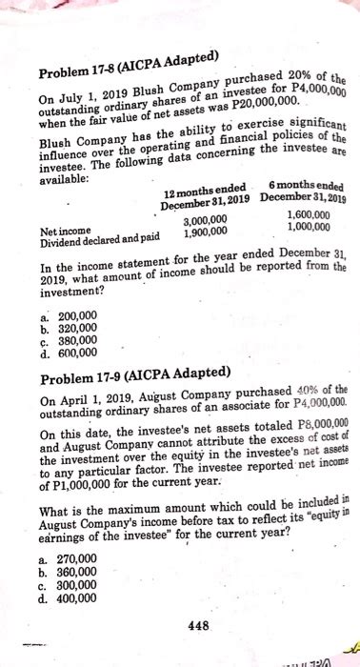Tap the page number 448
point(198,625)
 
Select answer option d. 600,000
point(68,351)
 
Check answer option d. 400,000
point(68,599)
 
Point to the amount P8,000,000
point(322,424)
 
